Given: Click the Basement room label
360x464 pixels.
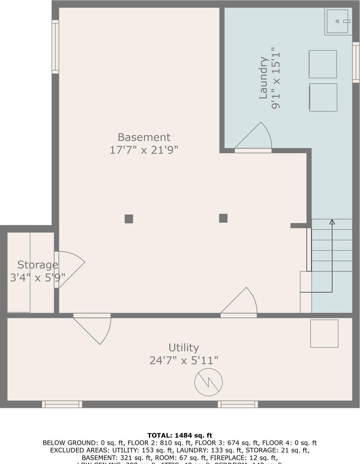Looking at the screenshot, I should (x=144, y=137).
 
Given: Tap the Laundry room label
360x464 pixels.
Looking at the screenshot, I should (x=263, y=78).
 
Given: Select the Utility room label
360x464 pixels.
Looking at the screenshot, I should (x=184, y=347).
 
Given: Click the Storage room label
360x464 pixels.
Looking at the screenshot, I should (x=38, y=265).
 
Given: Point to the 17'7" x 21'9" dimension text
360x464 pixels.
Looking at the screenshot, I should (x=144, y=150).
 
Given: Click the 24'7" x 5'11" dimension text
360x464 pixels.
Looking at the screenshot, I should (x=184, y=361).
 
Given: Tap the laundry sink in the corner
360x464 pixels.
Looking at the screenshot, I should (x=338, y=22).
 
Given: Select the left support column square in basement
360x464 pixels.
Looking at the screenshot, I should (x=129, y=219).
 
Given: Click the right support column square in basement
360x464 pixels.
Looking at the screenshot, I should (x=223, y=218).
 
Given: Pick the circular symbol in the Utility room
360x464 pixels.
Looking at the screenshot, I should (x=208, y=382).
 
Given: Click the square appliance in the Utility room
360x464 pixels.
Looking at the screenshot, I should (x=324, y=333).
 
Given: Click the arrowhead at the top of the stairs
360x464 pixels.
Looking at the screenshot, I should (x=332, y=222).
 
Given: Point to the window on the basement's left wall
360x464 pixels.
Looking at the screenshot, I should (x=55, y=47).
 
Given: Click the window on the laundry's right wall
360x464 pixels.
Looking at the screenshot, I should (x=356, y=62).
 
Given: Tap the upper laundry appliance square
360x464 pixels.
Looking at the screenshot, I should (x=323, y=64).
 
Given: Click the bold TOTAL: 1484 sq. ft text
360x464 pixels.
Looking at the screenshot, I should (x=180, y=435).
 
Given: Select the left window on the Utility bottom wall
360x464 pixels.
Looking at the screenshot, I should (x=62, y=404).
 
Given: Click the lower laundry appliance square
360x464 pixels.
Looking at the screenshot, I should (x=323, y=97).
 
